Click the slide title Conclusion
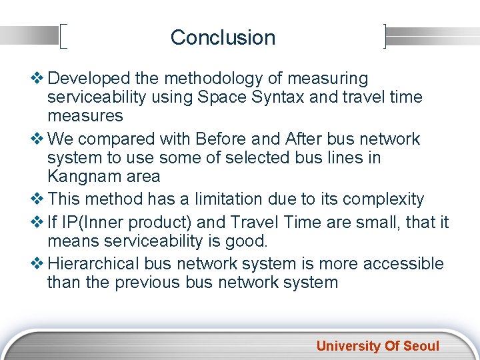pyautogui.click(x=223, y=37)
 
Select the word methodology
pyautogui.click(x=193, y=79)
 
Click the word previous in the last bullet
pyautogui.click(x=145, y=282)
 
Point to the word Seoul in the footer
pyautogui.click(x=420, y=346)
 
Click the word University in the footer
pyautogui.click(x=346, y=346)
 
